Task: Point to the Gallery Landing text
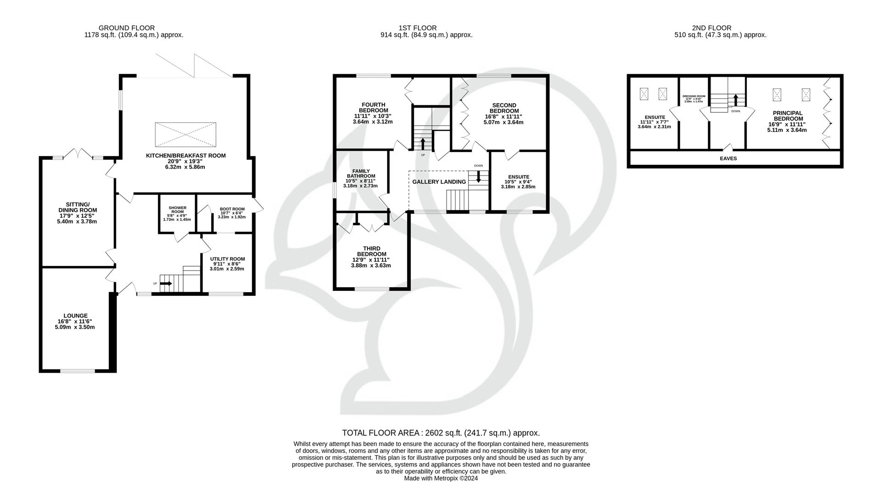tap(439, 182)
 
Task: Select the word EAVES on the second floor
tap(728, 159)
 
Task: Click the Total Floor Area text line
tap(441, 433)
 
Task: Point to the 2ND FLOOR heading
tap(712, 28)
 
